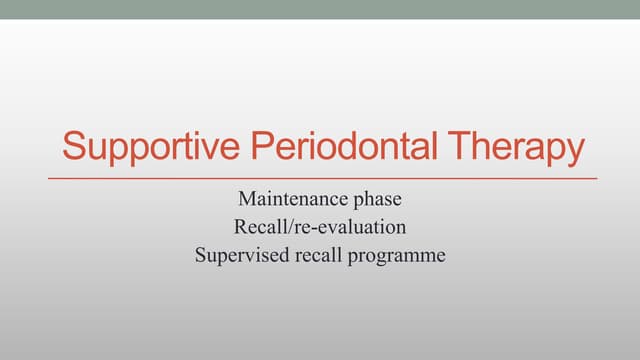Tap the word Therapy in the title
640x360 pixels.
point(513,147)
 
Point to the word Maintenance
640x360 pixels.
point(289,199)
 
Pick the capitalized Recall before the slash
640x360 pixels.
point(257,227)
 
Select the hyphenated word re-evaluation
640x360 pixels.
point(349,227)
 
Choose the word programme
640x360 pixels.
point(398,256)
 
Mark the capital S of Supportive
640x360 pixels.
point(73,147)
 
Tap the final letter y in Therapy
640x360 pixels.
point(574,152)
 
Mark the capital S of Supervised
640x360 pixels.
point(200,254)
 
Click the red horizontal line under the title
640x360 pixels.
point(320,178)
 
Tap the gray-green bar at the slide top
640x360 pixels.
point(320,9)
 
